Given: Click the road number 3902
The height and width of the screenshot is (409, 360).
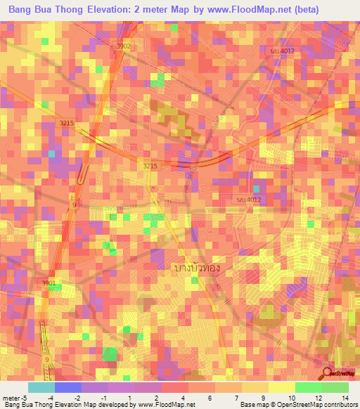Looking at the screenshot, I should [124, 46].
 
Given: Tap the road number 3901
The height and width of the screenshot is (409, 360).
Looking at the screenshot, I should [49, 283].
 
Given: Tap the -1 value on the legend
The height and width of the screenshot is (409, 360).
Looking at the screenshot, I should [104, 398].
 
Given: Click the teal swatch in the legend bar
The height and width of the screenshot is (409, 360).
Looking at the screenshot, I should [41, 387].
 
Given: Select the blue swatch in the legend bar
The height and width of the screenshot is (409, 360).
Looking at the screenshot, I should [68, 387].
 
